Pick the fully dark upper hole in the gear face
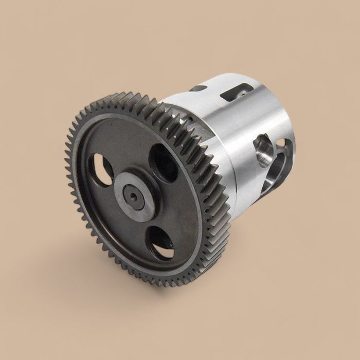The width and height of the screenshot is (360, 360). (x=164, y=162)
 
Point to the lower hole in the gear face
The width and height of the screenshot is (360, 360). (x=161, y=243)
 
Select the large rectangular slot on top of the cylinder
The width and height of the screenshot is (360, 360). (x=236, y=93)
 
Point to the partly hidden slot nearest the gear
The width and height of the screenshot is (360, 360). (x=198, y=88)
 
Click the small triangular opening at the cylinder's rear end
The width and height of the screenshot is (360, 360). (x=281, y=142)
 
